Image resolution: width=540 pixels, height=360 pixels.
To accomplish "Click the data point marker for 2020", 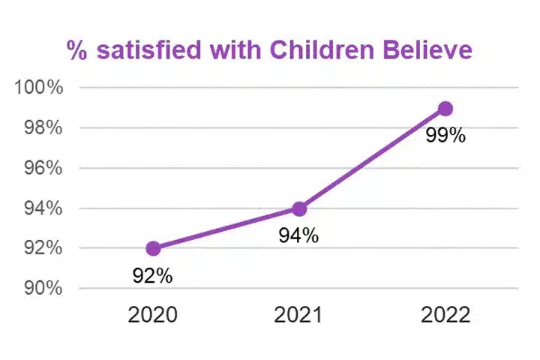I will [x=153, y=248].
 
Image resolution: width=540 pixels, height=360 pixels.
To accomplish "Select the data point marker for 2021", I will [x=299, y=208].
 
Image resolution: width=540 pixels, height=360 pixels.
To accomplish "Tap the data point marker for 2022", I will [x=445, y=109].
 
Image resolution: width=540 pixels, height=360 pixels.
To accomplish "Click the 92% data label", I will [x=153, y=276].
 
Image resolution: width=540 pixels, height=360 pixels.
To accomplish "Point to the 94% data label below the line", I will [x=299, y=235].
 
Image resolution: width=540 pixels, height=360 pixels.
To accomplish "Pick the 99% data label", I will [x=445, y=136].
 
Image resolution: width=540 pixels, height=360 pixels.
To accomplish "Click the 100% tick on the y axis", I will [x=38, y=88].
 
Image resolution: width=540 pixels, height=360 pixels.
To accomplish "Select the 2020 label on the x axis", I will [x=153, y=314].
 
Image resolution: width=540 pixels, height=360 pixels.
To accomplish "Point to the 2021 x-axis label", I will [x=299, y=314].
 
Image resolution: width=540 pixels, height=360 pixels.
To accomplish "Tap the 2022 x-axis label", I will [x=445, y=314].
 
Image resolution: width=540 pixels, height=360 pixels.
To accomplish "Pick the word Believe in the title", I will [x=427, y=50].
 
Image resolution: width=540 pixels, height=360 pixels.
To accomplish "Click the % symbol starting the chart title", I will [x=76, y=50].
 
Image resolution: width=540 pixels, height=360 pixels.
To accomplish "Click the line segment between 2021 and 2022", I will [x=373, y=158].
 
